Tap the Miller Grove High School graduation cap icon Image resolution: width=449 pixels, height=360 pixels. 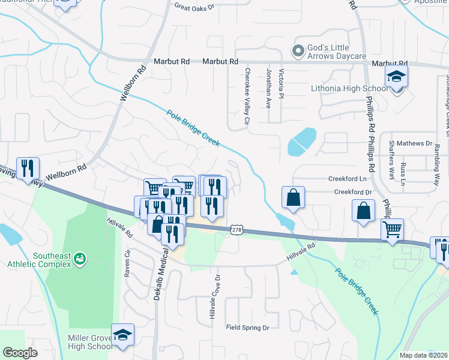tap(122, 335)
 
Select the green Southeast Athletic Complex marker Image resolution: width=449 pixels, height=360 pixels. tap(79, 259)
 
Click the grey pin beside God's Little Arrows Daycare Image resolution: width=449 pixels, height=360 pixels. tap(297, 50)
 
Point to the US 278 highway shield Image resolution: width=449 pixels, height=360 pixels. tap(237, 230)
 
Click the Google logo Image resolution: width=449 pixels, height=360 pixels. tap(20, 353)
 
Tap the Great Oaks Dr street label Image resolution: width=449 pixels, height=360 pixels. tap(194, 7)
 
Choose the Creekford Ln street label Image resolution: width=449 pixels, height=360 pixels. tap(346, 179)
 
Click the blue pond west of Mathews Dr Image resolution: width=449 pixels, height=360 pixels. tap(301, 141)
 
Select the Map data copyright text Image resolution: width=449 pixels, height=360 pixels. tap(423, 355)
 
